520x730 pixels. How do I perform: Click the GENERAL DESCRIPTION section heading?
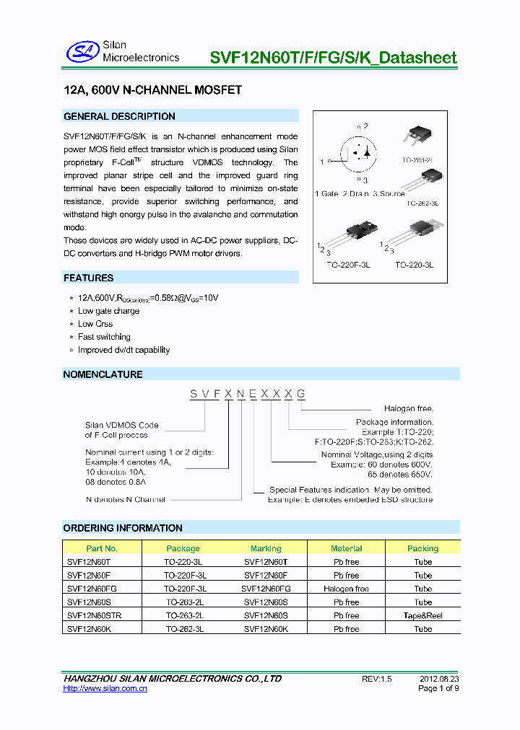pyautogui.click(x=119, y=116)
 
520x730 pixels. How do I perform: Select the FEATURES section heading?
pyautogui.click(x=88, y=278)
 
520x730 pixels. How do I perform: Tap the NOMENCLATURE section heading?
pyautogui.click(x=103, y=374)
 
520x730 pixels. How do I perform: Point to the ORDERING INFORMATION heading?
pyautogui.click(x=123, y=528)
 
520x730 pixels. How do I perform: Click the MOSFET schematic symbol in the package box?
pyautogui.click(x=359, y=153)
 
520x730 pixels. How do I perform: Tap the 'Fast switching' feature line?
pyautogui.click(x=104, y=337)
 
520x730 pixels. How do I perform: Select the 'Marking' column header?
pyautogui.click(x=266, y=548)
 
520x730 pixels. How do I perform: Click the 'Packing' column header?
pyautogui.click(x=423, y=548)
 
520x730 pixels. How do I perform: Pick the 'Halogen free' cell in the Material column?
pyautogui.click(x=346, y=589)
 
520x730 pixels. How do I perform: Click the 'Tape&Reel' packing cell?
pyautogui.click(x=423, y=615)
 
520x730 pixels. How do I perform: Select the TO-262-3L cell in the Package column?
pyautogui.click(x=185, y=629)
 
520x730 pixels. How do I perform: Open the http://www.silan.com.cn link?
pyautogui.click(x=105, y=689)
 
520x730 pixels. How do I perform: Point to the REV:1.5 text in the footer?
pyautogui.click(x=376, y=679)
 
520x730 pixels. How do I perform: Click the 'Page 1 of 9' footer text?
pyautogui.click(x=438, y=689)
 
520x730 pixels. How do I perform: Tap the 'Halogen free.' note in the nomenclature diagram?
pyautogui.click(x=409, y=409)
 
